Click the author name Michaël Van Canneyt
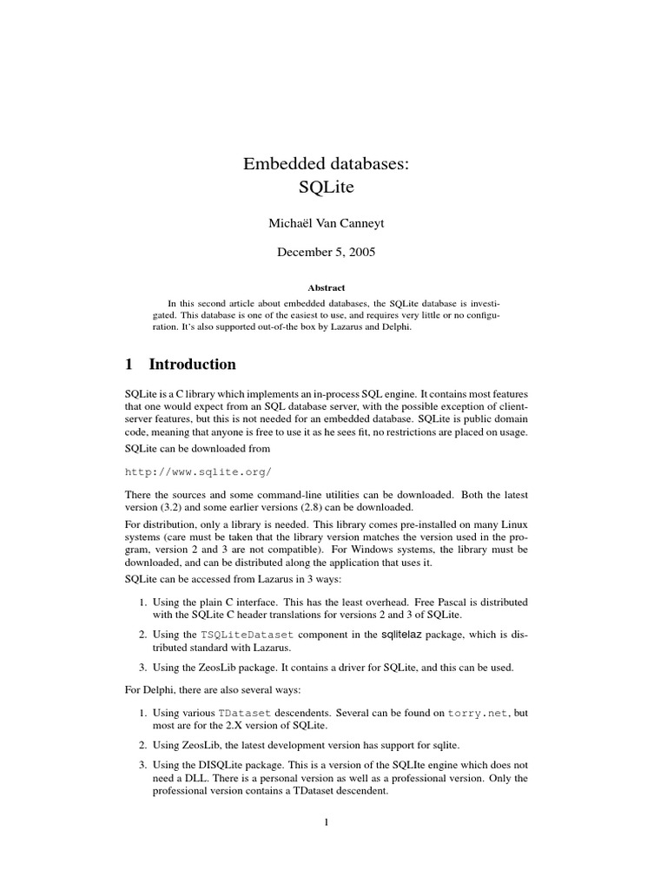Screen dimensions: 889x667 point(326,224)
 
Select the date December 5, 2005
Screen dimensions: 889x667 point(326,253)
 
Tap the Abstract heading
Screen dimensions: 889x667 point(326,287)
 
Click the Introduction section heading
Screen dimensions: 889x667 point(192,364)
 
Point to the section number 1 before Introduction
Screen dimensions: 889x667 point(130,364)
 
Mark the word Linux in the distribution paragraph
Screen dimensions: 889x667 point(511,526)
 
